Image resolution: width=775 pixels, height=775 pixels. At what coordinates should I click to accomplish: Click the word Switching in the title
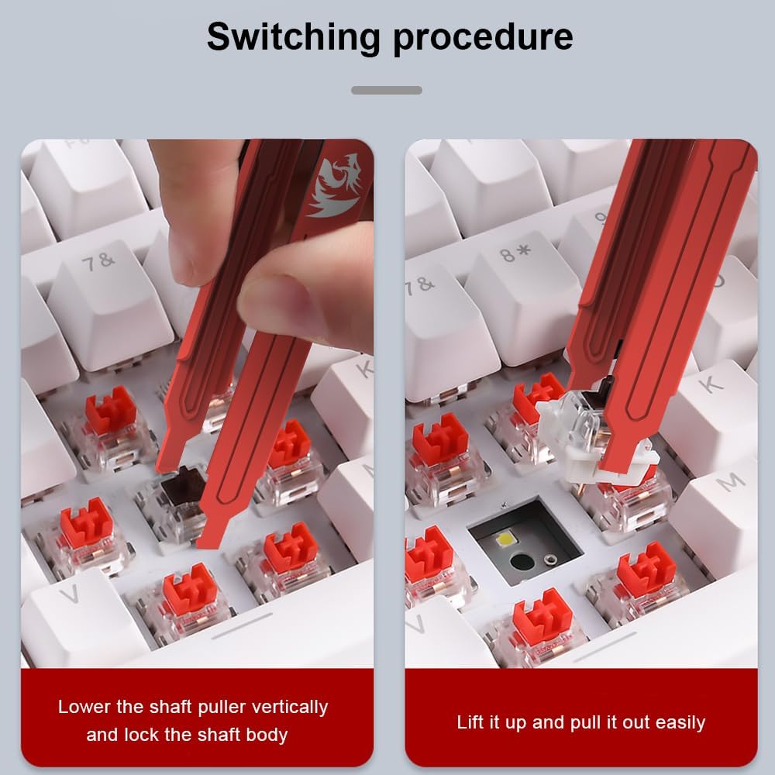[x=294, y=38]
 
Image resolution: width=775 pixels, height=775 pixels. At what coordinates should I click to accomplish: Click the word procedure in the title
[x=483, y=38]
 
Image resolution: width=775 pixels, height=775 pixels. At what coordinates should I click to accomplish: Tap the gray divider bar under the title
[x=387, y=91]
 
